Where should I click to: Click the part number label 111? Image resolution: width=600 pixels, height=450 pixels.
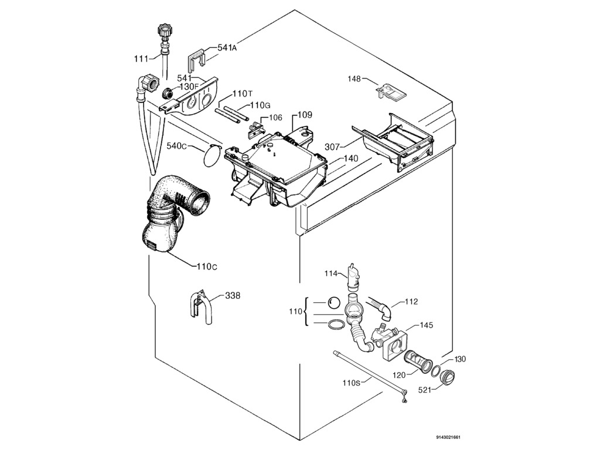click(141, 59)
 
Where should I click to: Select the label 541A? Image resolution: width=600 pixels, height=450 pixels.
click(227, 48)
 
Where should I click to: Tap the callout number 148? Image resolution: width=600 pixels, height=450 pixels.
click(354, 79)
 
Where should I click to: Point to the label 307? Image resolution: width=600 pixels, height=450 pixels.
click(332, 147)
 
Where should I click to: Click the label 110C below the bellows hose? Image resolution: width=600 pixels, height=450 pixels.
click(207, 267)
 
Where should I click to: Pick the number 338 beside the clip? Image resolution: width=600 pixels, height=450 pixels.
click(233, 296)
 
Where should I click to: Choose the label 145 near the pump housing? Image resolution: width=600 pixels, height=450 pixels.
click(426, 325)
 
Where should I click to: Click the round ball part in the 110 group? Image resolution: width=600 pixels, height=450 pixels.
click(333, 302)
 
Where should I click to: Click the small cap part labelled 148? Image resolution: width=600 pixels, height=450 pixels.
click(390, 91)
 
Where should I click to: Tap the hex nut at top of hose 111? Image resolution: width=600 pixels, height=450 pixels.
click(163, 30)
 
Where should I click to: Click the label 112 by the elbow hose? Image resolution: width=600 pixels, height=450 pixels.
click(411, 302)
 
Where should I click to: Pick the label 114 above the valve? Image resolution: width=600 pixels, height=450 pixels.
click(332, 273)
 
